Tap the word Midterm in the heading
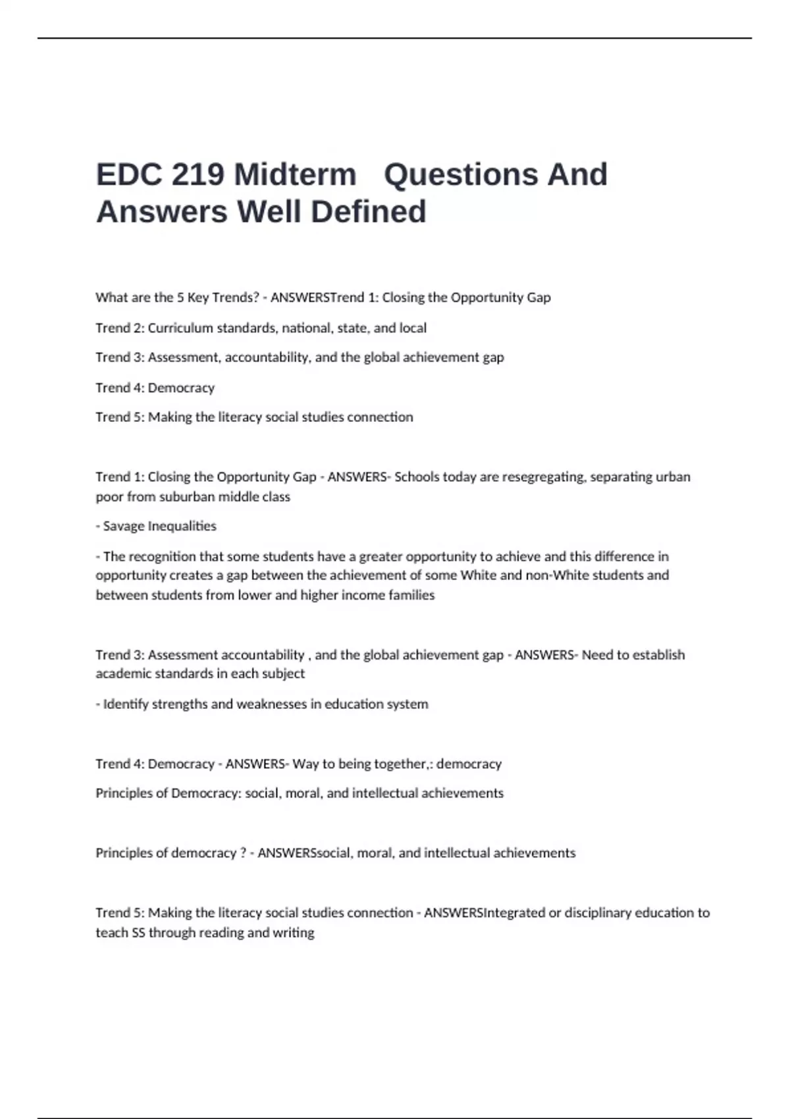[295, 175]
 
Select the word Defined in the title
[368, 212]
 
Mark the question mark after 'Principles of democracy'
[244, 853]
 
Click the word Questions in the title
[454, 175]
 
